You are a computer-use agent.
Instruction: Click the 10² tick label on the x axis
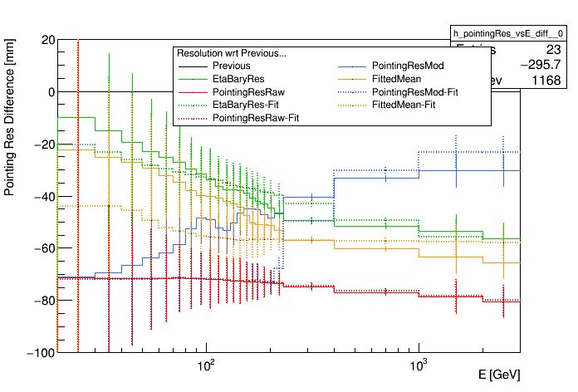205,365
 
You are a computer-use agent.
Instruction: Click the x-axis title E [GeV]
499,375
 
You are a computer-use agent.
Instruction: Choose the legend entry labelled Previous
231,66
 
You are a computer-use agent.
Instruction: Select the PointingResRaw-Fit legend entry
256,119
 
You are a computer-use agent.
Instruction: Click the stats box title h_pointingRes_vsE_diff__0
507,32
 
